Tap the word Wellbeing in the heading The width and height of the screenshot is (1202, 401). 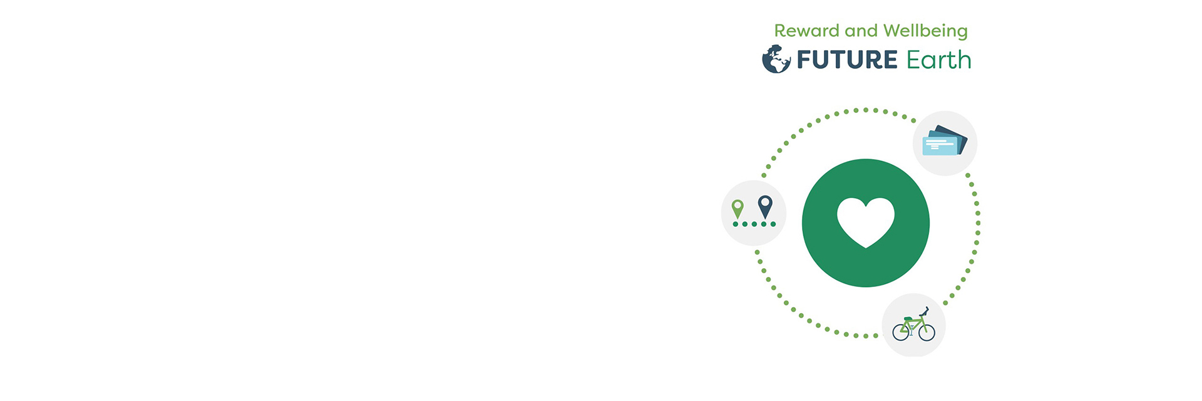tap(925, 31)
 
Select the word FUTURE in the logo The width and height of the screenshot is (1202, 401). tap(847, 60)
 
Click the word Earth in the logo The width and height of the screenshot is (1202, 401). tap(938, 60)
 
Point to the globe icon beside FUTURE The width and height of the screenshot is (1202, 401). tap(776, 60)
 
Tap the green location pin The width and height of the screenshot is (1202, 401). tap(738, 208)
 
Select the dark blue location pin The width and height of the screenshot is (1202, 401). tap(765, 206)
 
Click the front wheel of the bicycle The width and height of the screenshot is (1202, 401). tap(927, 332)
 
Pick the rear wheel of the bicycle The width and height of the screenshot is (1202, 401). tap(901, 332)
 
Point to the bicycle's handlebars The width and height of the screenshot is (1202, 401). tap(924, 310)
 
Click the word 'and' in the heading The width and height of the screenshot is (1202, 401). tap(861, 31)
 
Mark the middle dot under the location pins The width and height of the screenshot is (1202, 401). tap(754, 224)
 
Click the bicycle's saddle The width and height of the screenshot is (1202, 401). tap(907, 319)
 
